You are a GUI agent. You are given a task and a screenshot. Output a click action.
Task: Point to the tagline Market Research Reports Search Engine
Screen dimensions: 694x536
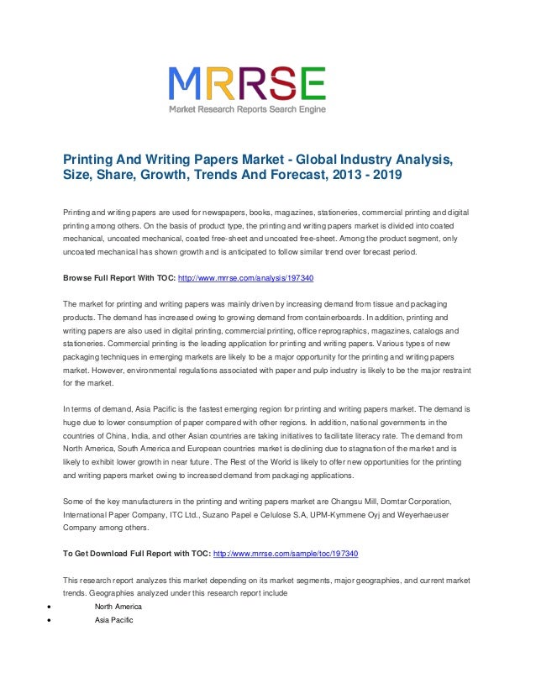pyautogui.click(x=247, y=110)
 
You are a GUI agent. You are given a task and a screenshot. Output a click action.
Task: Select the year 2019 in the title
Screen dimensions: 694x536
pyautogui.click(x=386, y=176)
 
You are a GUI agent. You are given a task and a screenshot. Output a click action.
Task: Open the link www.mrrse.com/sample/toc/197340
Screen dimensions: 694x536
pyautogui.click(x=286, y=554)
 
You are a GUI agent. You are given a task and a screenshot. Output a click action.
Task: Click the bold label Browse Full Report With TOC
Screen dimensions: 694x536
pyautogui.click(x=119, y=276)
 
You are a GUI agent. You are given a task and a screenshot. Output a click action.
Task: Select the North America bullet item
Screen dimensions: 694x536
pyautogui.click(x=118, y=606)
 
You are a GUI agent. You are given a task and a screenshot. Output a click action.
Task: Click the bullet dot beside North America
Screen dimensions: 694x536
pyautogui.click(x=52, y=607)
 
